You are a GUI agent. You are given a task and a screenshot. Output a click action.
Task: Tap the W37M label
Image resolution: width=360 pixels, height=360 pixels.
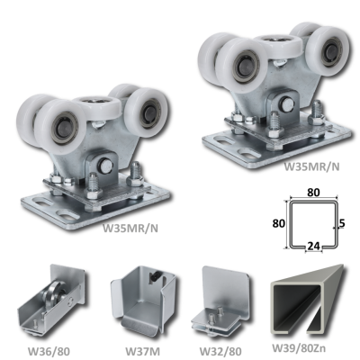(x=142, y=350)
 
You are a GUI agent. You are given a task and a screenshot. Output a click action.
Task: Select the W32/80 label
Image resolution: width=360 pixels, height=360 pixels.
(x=220, y=350)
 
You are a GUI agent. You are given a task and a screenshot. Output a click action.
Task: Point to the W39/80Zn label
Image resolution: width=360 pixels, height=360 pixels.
(x=299, y=348)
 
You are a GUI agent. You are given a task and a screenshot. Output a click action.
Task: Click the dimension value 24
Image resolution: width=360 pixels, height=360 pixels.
(x=313, y=246)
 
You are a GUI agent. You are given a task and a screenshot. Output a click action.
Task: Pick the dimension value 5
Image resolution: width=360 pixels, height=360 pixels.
(x=343, y=223)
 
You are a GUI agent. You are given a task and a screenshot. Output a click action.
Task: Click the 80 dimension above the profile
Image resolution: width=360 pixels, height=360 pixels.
(x=313, y=193)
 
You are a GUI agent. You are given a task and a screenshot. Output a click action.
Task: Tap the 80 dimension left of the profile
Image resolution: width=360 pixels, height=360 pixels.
(x=279, y=223)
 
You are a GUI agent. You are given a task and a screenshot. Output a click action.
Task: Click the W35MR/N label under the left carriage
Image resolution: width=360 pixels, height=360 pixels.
(x=130, y=229)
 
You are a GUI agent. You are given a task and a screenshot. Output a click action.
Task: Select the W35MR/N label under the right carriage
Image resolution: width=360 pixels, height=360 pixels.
(x=312, y=166)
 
